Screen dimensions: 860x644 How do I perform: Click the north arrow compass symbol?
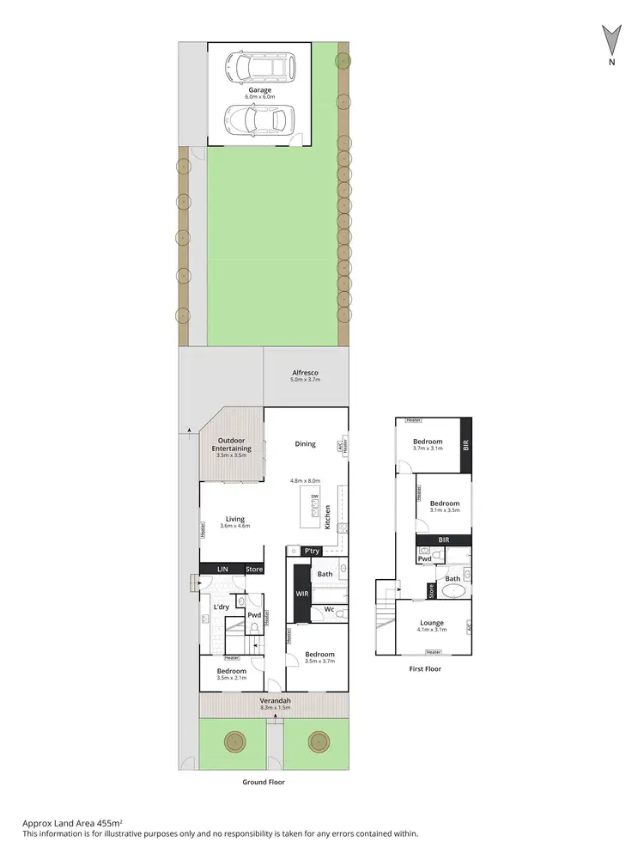point(611,43)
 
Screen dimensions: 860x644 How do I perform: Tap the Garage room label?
point(260,88)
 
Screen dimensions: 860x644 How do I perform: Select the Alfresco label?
point(306,371)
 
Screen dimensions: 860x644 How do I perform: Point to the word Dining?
point(305,444)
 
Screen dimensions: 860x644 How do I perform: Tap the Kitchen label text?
point(327,516)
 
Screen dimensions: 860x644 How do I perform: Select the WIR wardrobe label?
point(301,593)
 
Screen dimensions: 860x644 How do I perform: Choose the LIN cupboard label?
point(222,569)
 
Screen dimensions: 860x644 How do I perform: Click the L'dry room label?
point(221,607)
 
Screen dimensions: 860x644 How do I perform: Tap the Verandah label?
point(276,701)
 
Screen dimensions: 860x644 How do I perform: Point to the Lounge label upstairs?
point(432,623)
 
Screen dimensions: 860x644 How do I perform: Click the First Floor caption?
point(426,668)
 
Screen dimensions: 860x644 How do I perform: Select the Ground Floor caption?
point(264,782)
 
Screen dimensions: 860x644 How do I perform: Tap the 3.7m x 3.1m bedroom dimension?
point(427,448)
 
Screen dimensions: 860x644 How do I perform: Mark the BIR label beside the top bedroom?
point(466,445)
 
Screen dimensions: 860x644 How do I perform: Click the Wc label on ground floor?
point(330,610)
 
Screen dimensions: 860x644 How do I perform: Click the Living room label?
point(235,519)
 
